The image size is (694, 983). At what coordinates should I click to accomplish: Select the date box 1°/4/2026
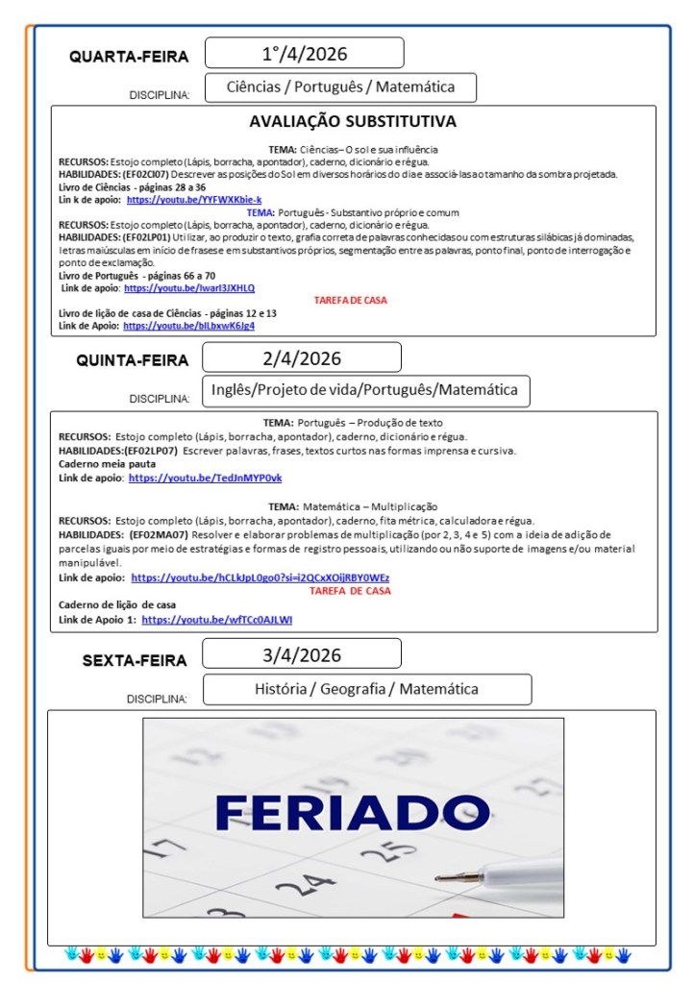click(304, 53)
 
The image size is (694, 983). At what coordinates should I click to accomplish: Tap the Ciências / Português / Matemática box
click(340, 87)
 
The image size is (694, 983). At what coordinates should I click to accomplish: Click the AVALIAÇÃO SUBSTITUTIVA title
click(352, 122)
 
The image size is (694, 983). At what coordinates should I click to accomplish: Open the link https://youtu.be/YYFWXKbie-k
click(193, 200)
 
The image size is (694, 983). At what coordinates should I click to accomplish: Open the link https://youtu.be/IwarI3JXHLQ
click(189, 287)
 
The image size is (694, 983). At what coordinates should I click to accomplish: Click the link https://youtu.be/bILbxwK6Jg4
click(188, 326)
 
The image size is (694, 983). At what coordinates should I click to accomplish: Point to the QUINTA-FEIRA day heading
click(133, 361)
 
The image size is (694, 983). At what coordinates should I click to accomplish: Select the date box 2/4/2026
click(302, 358)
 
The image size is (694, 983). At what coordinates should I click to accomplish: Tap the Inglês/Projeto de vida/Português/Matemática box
click(364, 390)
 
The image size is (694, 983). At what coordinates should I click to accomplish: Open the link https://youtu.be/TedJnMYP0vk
click(205, 478)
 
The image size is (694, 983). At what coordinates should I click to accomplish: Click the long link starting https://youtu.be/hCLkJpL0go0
click(260, 578)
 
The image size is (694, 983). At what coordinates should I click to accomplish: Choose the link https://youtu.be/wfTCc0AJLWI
click(216, 620)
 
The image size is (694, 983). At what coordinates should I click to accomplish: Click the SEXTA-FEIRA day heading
click(135, 660)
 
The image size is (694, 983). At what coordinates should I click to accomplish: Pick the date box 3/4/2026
click(302, 656)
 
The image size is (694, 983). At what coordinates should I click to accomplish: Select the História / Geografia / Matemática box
click(366, 689)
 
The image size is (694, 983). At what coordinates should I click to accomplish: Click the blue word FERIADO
click(352, 812)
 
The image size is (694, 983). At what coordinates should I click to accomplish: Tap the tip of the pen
click(437, 877)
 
